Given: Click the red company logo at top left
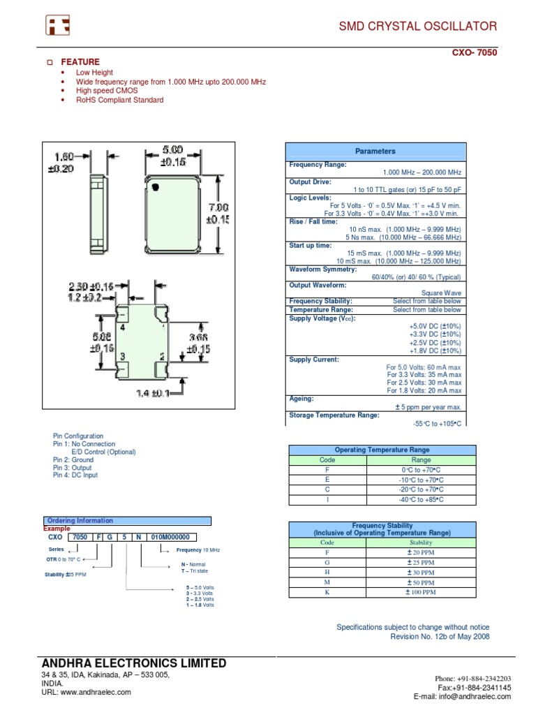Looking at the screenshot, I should point(58,26).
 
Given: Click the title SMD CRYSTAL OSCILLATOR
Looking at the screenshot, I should point(418,27).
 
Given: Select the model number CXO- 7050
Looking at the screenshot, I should point(475,52).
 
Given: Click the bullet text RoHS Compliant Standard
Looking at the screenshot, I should point(120,100).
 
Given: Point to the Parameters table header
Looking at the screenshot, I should point(375,151).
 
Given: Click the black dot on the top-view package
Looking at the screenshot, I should point(156,186).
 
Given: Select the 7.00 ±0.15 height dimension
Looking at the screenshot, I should point(218,213).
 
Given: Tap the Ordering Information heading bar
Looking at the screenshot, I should point(127,521).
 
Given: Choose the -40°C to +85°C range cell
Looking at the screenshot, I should point(421,500).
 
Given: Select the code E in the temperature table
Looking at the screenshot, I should point(327,480).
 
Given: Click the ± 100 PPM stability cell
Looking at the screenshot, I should point(421,592).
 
